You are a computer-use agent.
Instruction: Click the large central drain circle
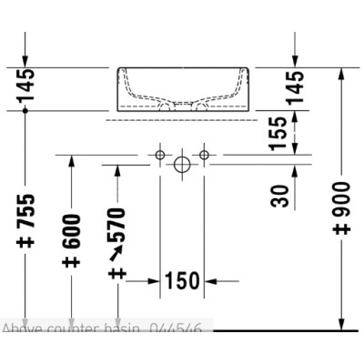pyautogui.click(x=182, y=164)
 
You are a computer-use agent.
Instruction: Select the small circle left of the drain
pyautogui.click(x=160, y=157)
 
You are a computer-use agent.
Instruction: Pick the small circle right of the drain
pyautogui.click(x=204, y=157)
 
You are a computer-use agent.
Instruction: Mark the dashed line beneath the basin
pyautogui.click(x=182, y=119)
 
